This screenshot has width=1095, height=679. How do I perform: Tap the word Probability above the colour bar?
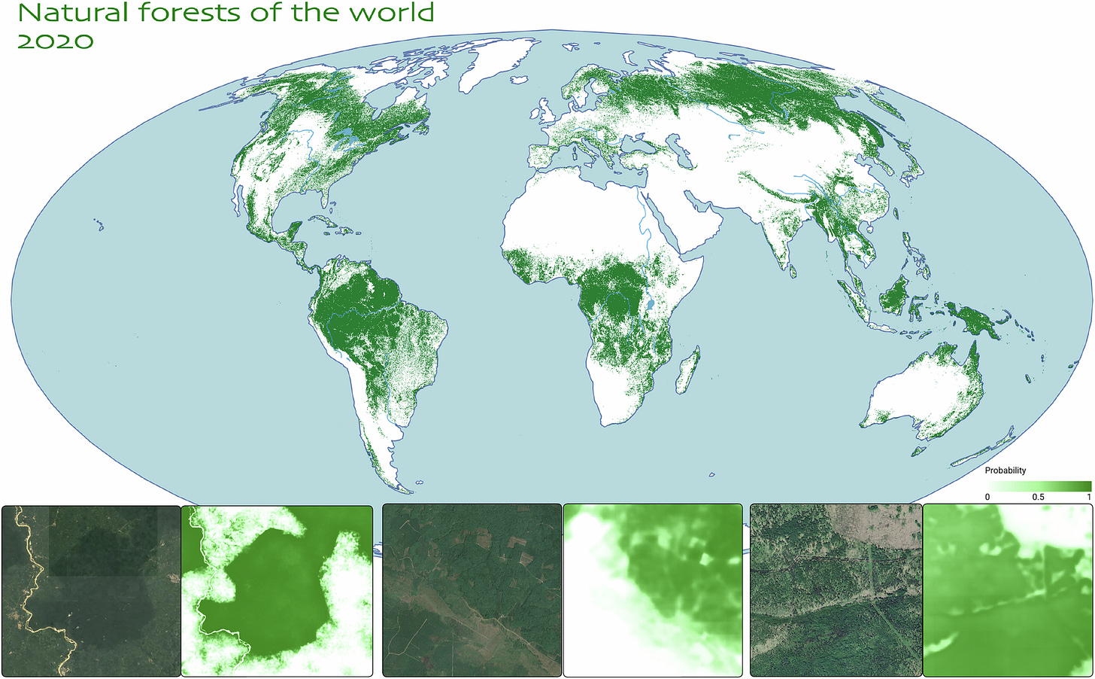[x=1005, y=470]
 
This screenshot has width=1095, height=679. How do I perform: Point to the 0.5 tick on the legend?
[x=1038, y=498]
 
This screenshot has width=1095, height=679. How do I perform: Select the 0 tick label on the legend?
[x=987, y=498]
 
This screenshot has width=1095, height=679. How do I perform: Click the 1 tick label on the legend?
[x=1088, y=498]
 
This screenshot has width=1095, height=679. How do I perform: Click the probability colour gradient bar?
[x=1039, y=486]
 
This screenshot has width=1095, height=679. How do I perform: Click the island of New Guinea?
[x=972, y=320]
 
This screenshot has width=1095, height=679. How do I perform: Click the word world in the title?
[x=393, y=13]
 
